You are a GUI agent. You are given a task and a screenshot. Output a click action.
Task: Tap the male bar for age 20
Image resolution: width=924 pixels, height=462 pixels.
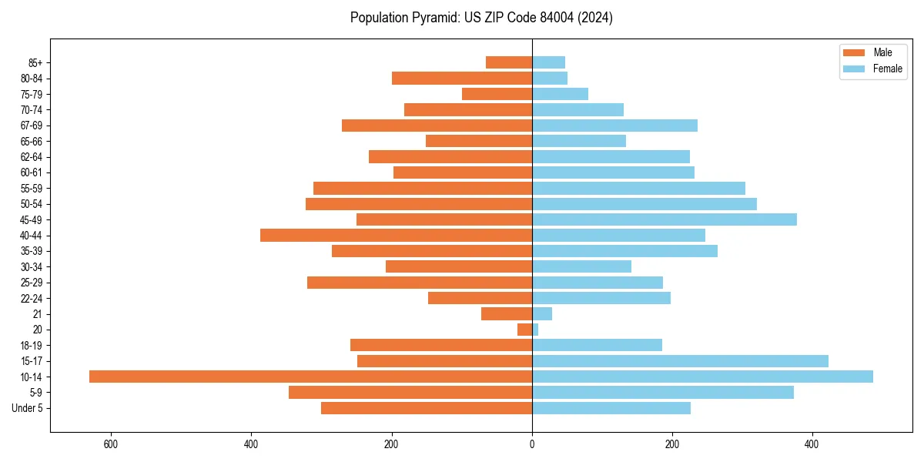(x=524, y=330)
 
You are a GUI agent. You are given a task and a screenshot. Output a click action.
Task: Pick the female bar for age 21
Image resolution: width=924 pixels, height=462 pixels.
(x=542, y=313)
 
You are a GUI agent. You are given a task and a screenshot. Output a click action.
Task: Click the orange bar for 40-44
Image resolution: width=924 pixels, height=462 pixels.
(x=396, y=235)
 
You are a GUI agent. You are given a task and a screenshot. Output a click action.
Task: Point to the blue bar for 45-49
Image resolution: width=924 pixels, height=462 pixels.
(x=665, y=219)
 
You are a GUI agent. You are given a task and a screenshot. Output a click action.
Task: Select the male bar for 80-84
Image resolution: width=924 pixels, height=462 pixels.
(x=462, y=78)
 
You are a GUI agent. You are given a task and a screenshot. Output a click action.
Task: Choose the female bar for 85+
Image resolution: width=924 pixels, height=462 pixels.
(x=548, y=62)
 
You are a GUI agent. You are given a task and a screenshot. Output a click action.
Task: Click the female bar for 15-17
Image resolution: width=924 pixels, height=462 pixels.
(x=680, y=360)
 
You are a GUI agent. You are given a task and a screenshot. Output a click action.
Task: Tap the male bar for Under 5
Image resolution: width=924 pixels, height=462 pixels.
(x=427, y=408)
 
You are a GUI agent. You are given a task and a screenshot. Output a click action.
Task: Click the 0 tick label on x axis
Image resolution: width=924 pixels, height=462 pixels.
(x=532, y=445)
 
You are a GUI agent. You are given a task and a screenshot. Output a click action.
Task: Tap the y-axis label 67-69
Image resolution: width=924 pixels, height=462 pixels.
(x=32, y=126)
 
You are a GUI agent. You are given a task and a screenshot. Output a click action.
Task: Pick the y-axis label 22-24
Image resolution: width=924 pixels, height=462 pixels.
(x=32, y=298)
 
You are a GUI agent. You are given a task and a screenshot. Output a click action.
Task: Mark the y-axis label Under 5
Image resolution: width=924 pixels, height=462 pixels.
(x=28, y=408)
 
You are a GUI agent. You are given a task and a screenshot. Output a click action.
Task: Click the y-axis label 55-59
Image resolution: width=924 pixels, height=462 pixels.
(x=32, y=188)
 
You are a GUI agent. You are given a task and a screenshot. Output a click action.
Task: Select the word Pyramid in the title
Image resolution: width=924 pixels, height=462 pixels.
(x=434, y=18)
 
